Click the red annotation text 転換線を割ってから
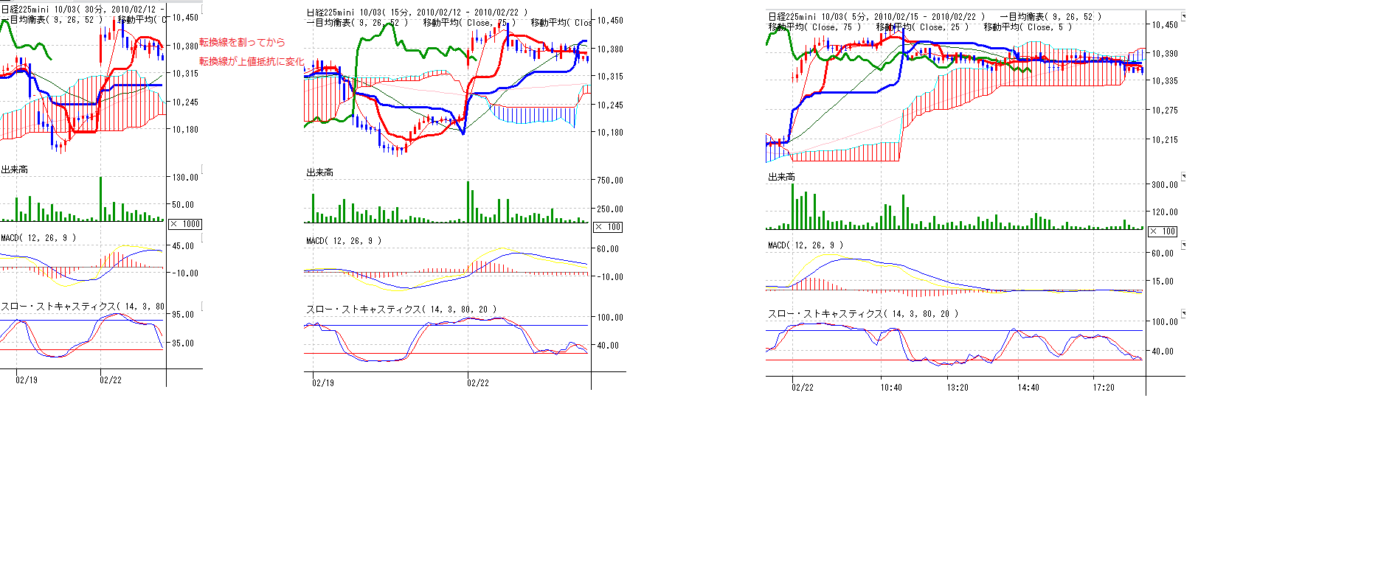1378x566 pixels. [x=242, y=42]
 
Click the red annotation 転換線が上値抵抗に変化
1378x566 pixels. [x=252, y=61]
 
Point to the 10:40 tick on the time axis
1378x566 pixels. [x=891, y=388]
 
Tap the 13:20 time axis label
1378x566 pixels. [x=958, y=388]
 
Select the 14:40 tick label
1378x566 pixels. [x=1028, y=388]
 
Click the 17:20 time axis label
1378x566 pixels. [x=1104, y=388]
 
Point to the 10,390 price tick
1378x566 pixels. [x=1165, y=54]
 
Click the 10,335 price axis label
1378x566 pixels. [x=1165, y=81]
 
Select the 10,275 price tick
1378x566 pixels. [x=1165, y=111]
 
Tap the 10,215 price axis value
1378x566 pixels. [x=1165, y=140]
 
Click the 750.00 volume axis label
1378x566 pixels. [x=610, y=181]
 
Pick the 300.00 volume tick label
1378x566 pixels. [x=1165, y=185]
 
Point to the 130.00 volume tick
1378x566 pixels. [x=185, y=178]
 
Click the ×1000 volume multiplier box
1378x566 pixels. [x=185, y=224]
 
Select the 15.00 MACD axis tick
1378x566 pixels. [x=1165, y=282]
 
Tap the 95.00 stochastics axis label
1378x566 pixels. [x=183, y=315]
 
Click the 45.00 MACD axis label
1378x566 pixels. [x=183, y=246]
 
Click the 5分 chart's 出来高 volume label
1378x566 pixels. [x=781, y=177]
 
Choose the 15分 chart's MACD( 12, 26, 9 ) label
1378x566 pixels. [x=344, y=241]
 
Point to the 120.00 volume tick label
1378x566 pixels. [x=1165, y=212]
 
